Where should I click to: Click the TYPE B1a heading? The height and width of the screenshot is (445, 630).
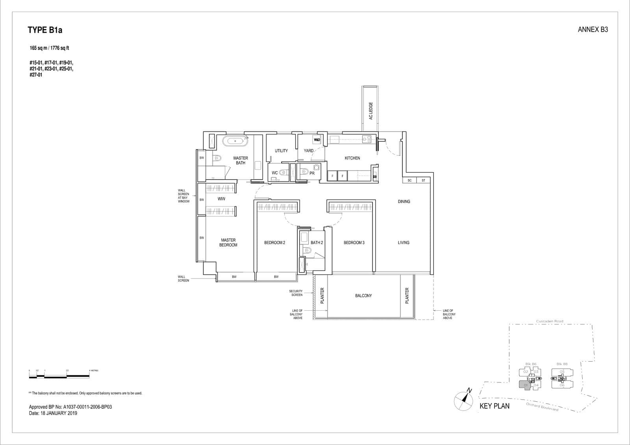tap(45, 30)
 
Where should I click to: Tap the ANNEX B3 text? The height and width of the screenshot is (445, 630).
tap(593, 30)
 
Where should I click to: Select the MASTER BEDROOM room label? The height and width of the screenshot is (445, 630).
tap(228, 243)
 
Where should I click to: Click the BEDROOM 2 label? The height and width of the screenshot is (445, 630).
tap(274, 243)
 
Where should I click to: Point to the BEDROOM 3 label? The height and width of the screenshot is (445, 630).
tap(354, 243)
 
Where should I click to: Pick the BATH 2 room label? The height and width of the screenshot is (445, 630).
tap(317, 243)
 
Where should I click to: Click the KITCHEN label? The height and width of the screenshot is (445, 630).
tap(352, 158)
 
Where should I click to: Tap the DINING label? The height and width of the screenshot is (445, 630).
tap(404, 202)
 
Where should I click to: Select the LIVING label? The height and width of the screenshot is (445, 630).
tap(404, 243)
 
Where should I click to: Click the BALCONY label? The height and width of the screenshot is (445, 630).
tap(363, 296)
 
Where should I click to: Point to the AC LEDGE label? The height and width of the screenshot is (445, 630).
tap(371, 111)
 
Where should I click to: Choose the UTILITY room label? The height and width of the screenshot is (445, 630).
tap(281, 151)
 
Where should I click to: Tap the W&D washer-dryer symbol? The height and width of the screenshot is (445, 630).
tap(317, 140)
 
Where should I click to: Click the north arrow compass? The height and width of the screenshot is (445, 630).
tap(463, 400)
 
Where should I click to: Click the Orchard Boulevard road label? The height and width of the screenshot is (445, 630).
tap(542, 407)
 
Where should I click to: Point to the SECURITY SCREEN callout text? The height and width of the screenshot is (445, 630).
tap(296, 293)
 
